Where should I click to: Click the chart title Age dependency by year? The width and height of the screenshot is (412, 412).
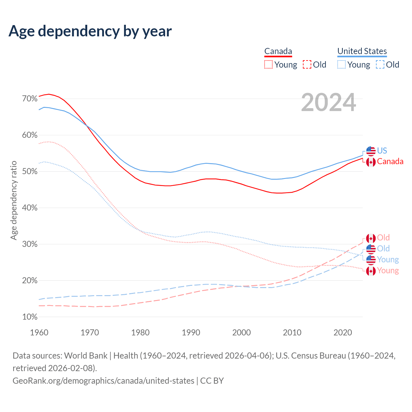[x=90, y=31]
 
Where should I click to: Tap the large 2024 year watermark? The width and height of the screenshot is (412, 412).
[x=328, y=102]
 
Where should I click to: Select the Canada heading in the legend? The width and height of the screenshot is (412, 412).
[x=278, y=51]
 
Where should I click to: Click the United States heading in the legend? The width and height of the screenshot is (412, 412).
[x=362, y=51]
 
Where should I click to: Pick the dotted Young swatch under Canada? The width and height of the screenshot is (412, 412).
[x=268, y=64]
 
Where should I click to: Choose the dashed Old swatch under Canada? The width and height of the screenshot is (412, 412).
[x=307, y=64]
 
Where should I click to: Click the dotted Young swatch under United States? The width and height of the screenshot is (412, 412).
[x=341, y=64]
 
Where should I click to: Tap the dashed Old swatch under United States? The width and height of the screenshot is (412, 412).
[x=380, y=64]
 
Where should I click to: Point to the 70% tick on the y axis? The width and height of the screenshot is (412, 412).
[x=30, y=98]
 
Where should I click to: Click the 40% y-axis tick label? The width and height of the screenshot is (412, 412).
[x=30, y=208]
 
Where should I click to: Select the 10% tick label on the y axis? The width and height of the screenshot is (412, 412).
[x=30, y=317]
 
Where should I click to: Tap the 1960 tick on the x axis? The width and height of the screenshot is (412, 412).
[x=39, y=332]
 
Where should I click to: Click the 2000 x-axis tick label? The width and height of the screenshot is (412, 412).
[x=241, y=332]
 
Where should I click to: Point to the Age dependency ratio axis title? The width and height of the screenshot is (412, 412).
[x=14, y=200]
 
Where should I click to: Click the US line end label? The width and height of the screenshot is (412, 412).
[x=382, y=151]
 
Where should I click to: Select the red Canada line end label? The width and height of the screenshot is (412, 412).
[x=390, y=161]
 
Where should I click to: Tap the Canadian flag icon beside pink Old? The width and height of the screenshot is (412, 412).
[x=371, y=238]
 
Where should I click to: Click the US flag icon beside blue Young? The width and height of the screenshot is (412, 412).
[x=371, y=260]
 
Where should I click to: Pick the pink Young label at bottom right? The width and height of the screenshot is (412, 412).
[x=388, y=270]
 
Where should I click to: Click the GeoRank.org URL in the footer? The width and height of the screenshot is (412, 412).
[x=103, y=380]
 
